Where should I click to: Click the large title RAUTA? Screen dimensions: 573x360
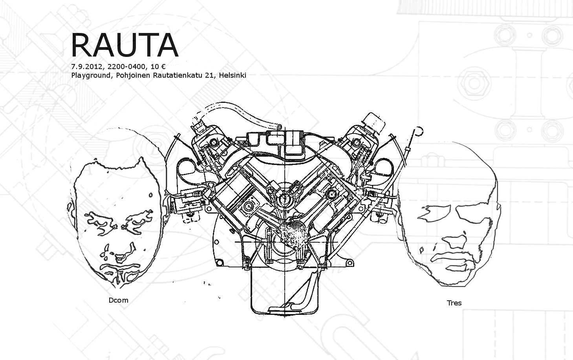click(124, 45)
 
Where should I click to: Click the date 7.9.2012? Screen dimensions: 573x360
click(87, 67)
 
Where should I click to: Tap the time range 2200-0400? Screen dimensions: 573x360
click(126, 67)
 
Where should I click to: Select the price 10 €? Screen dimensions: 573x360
click(158, 67)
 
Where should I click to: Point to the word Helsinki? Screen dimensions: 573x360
click(232, 75)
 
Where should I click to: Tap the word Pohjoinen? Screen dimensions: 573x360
click(133, 76)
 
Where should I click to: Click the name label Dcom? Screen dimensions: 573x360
click(119, 300)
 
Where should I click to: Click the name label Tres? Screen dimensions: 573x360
click(454, 303)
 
